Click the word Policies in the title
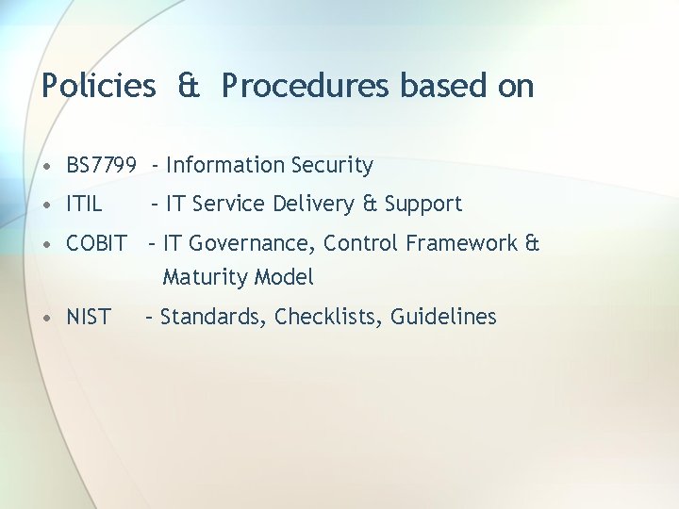[x=98, y=86]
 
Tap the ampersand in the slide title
[x=189, y=86]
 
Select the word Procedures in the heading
[x=306, y=86]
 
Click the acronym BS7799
[x=101, y=166]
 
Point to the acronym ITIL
[x=84, y=204]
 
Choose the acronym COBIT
[x=96, y=243]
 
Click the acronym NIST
[x=89, y=317]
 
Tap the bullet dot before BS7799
[x=48, y=167]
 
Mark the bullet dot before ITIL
[x=48, y=205]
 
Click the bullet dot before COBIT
[x=48, y=244]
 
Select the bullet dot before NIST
[x=48, y=318]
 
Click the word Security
[x=332, y=166]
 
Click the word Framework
[x=462, y=243]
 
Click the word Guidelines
[x=443, y=317]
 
